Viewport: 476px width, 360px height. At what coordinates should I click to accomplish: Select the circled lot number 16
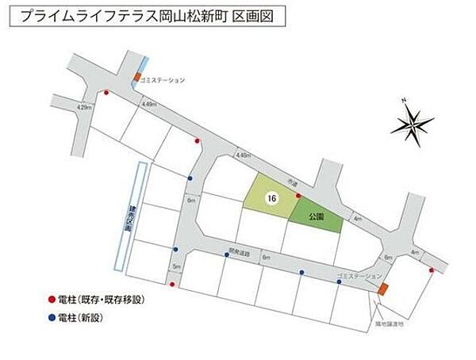coord(272,200)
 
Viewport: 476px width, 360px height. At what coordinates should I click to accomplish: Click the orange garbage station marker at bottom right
coord(382,290)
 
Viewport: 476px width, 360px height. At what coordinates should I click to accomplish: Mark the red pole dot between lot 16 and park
coord(297,195)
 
